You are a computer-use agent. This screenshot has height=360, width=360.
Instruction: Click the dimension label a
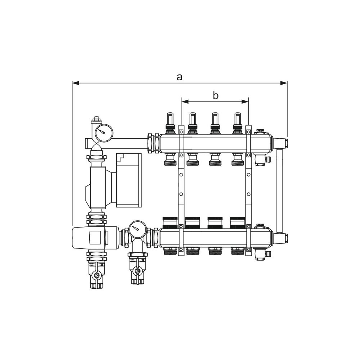point(179,77)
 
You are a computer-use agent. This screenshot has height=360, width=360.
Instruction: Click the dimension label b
point(215,95)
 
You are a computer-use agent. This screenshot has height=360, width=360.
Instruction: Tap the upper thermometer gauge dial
point(103,132)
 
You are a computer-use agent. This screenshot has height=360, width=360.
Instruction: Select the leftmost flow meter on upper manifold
point(170,121)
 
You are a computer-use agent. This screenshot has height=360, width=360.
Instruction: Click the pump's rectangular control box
point(129,180)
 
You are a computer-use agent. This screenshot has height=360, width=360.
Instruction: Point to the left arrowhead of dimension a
point(76,83)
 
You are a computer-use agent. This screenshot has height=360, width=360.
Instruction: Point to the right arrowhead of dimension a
point(284,83)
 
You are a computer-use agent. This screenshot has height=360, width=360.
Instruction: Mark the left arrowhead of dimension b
point(185,102)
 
